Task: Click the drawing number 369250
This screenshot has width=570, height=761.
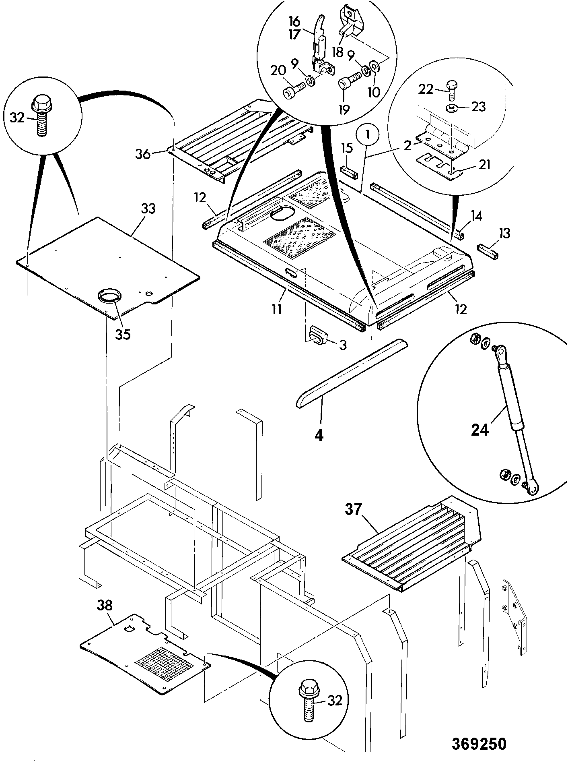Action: (478, 743)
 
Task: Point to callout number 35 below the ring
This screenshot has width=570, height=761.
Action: (123, 334)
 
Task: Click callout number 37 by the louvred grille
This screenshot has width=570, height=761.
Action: (354, 511)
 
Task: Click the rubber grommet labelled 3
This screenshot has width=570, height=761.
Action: (318, 335)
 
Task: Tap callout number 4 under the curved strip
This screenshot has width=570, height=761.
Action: (319, 435)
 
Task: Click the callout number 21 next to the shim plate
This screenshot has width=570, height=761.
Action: (484, 164)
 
